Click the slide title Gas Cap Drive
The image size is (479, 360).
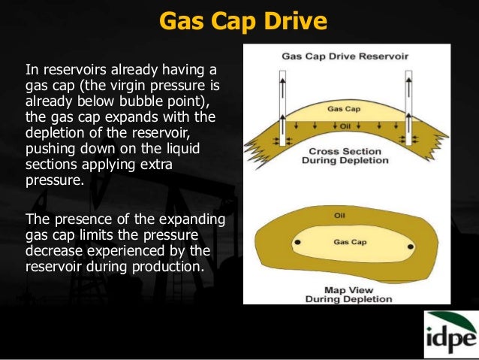(243, 20)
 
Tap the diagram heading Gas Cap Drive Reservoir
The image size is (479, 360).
(347, 56)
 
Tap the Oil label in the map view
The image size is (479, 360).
(339, 216)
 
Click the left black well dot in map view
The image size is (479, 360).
(298, 243)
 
